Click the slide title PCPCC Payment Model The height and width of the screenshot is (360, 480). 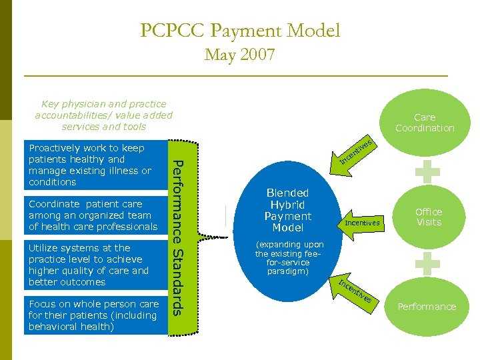240,31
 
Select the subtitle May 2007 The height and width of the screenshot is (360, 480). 240,55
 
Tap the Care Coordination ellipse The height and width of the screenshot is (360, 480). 425,122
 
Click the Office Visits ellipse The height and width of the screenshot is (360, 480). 429,217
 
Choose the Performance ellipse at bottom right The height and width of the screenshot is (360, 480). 427,307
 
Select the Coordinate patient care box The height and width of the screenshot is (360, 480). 93,215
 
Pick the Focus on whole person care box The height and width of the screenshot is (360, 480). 93,315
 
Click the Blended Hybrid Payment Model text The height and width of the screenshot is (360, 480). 287,210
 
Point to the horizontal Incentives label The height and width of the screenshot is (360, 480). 362,223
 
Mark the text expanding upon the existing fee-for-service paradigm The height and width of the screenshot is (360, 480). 289,258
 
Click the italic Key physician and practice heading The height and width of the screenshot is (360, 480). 103,115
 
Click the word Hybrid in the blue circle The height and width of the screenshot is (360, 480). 287,205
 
